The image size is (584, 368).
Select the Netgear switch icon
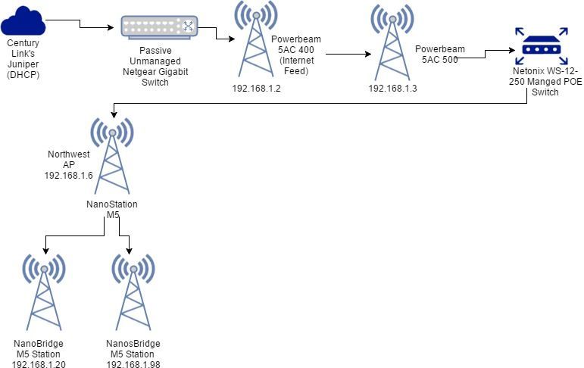click(160, 27)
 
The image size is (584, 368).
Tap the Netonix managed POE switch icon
click(541, 46)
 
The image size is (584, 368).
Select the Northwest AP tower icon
click(112, 154)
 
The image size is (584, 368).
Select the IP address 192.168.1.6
click(68, 174)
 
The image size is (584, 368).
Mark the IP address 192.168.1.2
click(256, 88)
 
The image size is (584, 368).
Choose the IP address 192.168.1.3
click(392, 88)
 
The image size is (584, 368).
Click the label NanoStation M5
click(112, 210)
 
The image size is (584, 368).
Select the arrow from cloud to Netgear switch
click(83, 25)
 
